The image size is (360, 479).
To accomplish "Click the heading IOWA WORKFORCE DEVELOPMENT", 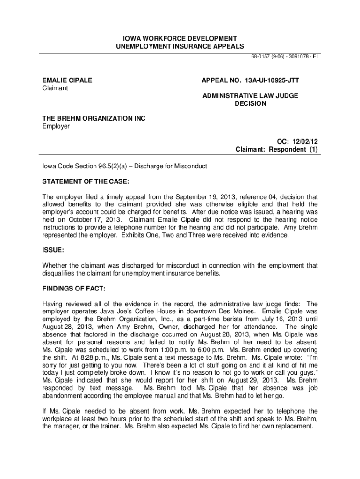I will (x=180, y=38).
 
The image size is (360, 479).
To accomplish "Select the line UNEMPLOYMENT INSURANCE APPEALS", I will (x=180, y=46).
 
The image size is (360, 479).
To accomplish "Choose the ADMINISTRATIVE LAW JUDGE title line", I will (x=250, y=95).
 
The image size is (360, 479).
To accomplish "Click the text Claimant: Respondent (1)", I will (x=276, y=149).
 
